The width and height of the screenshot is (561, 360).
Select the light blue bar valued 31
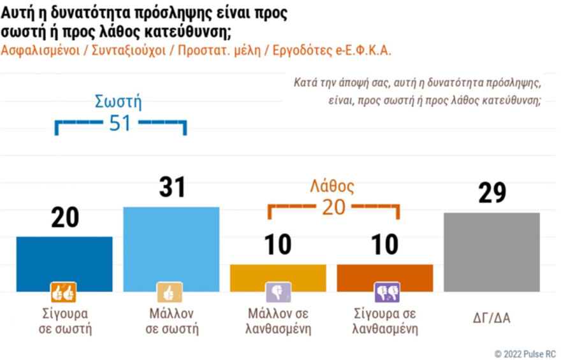point(171,248)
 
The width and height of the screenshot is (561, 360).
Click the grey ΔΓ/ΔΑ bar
point(492,252)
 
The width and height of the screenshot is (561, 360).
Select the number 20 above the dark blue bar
point(64,218)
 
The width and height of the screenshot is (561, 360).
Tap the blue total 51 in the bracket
point(120,123)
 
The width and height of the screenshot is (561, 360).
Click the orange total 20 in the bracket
point(333,208)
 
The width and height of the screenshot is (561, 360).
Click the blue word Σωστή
point(118,102)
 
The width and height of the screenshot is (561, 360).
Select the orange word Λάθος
point(332,187)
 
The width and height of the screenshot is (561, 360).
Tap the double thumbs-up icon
point(64,292)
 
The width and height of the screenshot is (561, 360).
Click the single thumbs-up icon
point(170,292)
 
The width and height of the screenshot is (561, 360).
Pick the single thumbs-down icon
point(278,292)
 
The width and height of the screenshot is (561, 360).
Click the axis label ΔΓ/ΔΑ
point(492,317)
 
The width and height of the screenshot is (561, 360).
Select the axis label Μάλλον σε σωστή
point(170,321)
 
